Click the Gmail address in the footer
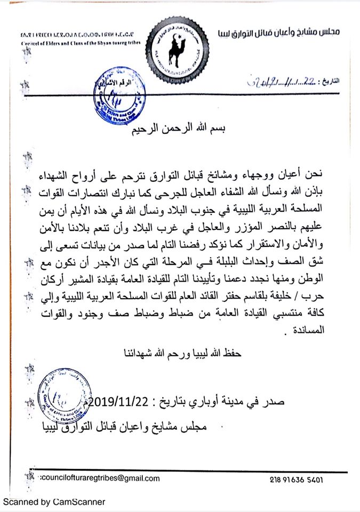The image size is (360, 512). click(x=100, y=478)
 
